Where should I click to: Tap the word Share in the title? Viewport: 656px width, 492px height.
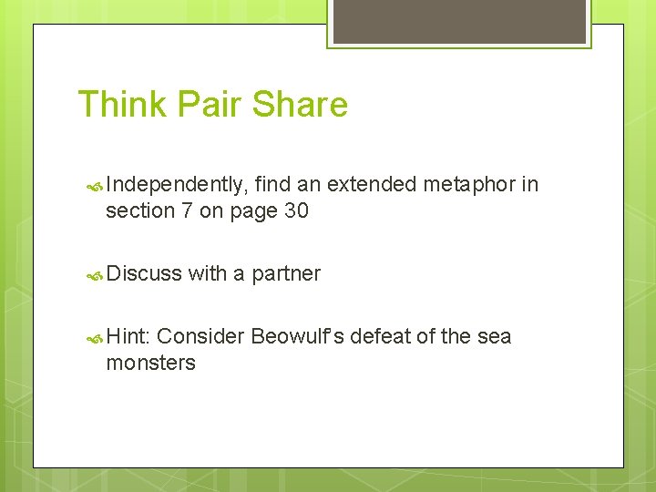[x=300, y=105]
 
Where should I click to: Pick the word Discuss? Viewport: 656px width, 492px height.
[x=144, y=274]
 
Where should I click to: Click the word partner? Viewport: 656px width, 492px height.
[x=286, y=274]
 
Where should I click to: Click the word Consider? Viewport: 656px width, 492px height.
[x=200, y=337]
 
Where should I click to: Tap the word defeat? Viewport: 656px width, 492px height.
[x=382, y=337]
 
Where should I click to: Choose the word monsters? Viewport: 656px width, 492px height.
[x=150, y=364]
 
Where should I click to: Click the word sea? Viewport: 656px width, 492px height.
[x=495, y=337]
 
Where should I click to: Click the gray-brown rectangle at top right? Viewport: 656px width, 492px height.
[x=459, y=21]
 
